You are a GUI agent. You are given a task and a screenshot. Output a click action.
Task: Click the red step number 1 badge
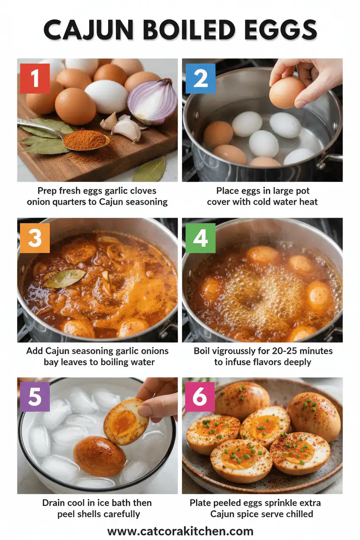click(x=35, y=79)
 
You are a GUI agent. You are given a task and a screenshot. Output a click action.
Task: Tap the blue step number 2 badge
click(x=200, y=79)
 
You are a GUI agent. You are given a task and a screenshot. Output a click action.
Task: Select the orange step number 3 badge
click(x=35, y=238)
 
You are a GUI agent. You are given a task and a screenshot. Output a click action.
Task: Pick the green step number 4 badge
click(x=200, y=238)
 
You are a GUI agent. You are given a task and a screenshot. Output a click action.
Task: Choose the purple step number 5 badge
click(x=35, y=397)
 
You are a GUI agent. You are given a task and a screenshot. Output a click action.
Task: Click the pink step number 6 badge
click(x=199, y=397)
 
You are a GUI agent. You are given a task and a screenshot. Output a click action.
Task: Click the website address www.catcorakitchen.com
click(x=180, y=531)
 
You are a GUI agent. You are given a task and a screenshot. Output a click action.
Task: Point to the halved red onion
click(x=153, y=101)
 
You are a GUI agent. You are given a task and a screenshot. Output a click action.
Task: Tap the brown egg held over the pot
click(x=287, y=92)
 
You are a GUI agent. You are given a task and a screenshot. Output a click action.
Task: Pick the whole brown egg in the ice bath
click(x=100, y=456)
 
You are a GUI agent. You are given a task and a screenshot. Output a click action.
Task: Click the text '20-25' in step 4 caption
click(x=283, y=351)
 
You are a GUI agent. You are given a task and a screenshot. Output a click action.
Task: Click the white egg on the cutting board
click(x=106, y=96)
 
